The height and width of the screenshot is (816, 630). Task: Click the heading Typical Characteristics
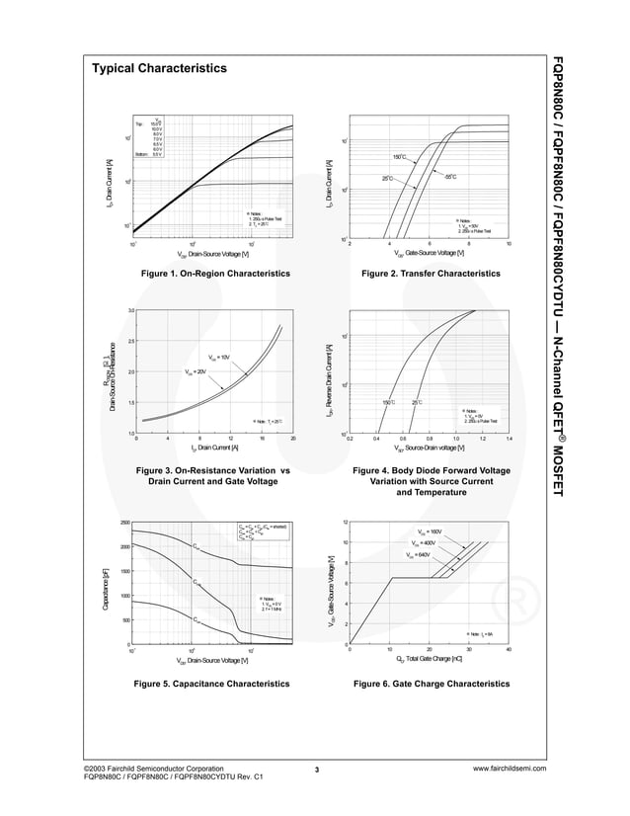point(159,68)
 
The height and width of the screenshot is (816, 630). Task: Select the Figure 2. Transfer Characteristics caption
point(431,273)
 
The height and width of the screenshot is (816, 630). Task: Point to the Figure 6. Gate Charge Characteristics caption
point(432,683)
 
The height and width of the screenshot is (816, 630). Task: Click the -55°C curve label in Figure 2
point(449,177)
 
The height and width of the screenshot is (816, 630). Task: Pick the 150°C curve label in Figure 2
point(399,157)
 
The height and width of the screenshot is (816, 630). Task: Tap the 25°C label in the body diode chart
point(416,402)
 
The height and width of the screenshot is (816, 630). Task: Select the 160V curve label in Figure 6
point(429,532)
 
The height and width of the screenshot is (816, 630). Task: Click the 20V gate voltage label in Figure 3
point(196,371)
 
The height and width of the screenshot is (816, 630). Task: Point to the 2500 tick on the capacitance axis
point(124,523)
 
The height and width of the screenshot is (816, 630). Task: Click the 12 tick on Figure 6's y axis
point(344,522)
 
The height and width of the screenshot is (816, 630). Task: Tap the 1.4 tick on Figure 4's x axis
point(509,438)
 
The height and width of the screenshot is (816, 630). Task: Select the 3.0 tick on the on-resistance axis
point(130,311)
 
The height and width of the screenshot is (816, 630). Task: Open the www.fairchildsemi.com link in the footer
point(510,768)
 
